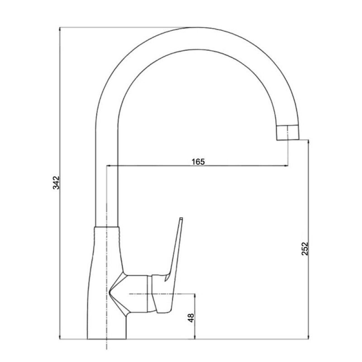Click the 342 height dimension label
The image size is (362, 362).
point(56,183)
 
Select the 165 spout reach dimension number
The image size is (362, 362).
point(198,162)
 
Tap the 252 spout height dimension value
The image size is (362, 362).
point(305,248)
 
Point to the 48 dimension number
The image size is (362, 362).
point(191,318)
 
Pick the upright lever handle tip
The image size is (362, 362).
point(181,219)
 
